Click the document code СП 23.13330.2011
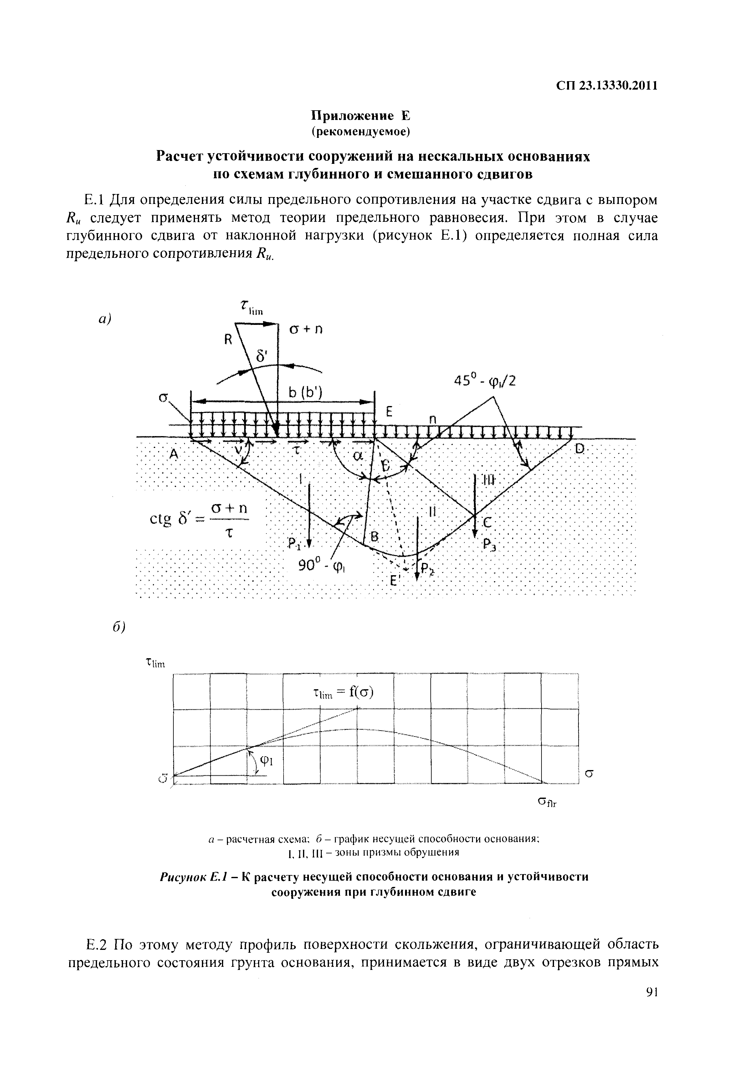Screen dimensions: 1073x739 click(607, 86)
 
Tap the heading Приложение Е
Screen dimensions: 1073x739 click(360, 115)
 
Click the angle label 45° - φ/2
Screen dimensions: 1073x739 click(485, 381)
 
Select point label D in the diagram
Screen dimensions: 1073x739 click(580, 449)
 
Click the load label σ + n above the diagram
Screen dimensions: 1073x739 click(305, 329)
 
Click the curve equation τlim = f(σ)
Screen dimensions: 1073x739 click(343, 693)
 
